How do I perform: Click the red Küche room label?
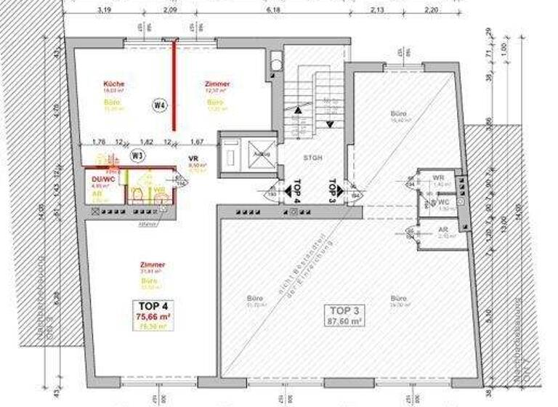tap(113, 84)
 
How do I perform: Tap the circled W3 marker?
tap(136, 154)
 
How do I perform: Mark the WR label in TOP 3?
tap(438, 178)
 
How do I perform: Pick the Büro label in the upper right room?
tap(397, 114)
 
